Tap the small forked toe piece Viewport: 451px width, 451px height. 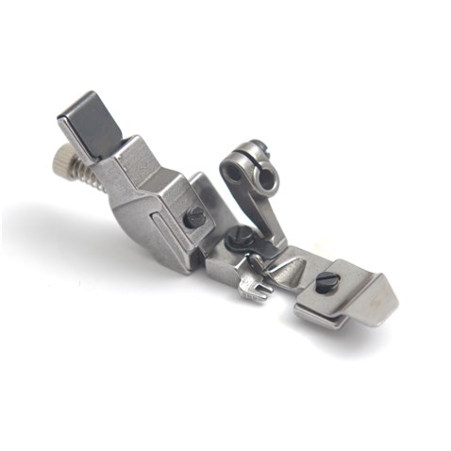[x=252, y=286]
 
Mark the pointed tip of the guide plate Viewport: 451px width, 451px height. [x=390, y=300]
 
